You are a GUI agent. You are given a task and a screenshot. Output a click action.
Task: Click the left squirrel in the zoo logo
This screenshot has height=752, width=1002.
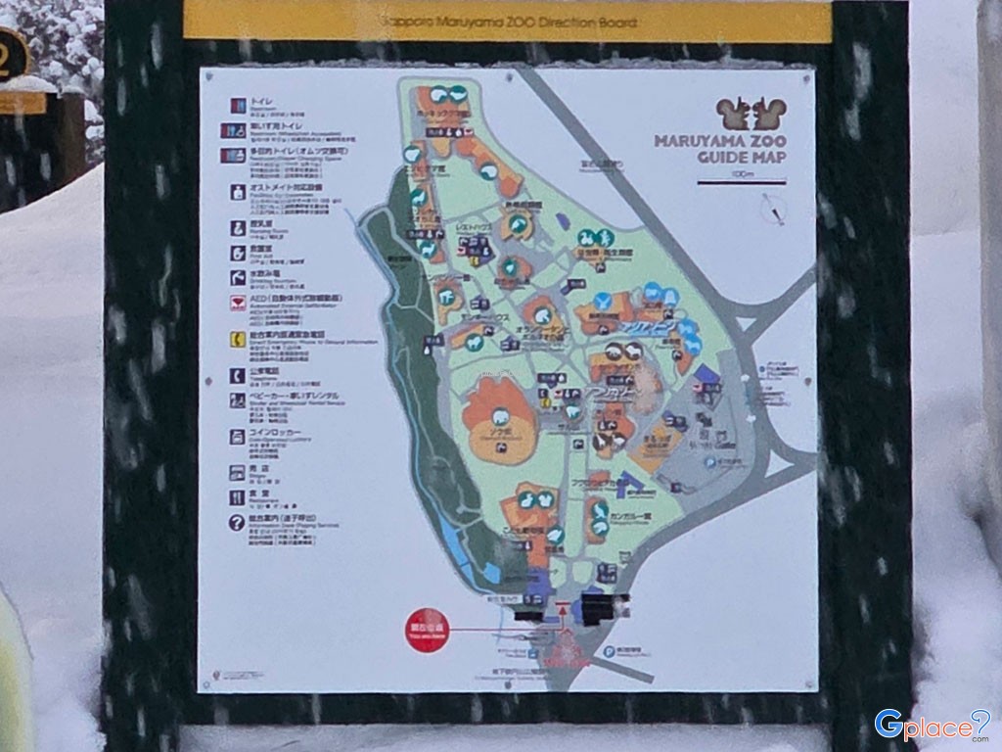[x=731, y=114]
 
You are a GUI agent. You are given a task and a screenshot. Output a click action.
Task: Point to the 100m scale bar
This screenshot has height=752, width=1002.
[x=742, y=182]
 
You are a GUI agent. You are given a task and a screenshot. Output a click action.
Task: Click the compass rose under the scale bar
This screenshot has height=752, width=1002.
[x=773, y=209]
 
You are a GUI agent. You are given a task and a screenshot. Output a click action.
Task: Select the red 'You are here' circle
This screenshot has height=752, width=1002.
[x=426, y=628]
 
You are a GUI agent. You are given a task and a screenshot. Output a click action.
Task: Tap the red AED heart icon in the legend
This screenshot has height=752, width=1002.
[x=237, y=304]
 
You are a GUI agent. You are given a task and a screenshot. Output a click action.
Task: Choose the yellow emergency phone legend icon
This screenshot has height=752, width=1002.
[x=237, y=340]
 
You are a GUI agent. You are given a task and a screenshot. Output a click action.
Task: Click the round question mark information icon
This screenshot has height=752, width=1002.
[x=237, y=523]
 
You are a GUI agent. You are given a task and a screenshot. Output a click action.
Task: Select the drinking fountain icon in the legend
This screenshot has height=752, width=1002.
[x=237, y=277]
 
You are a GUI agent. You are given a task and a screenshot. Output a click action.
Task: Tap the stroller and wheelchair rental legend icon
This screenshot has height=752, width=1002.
[x=237, y=400]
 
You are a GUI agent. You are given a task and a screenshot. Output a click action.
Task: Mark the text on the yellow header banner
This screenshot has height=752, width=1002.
[x=507, y=21]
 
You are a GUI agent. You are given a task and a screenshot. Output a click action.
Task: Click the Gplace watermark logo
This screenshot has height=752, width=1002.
[x=931, y=726]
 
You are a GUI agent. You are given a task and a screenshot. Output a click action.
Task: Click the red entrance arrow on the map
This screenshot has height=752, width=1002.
[x=563, y=613]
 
